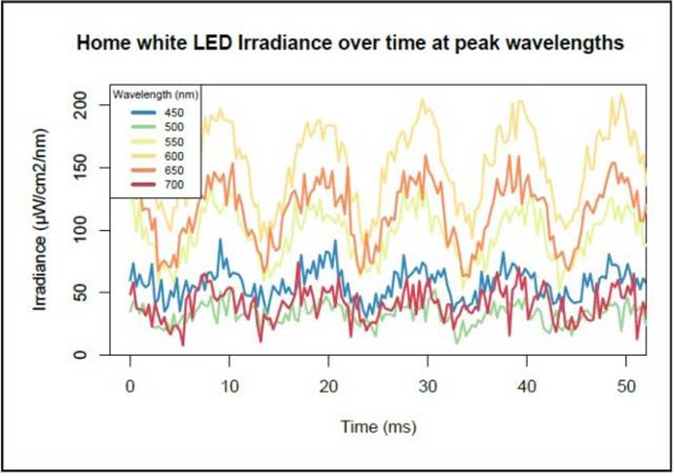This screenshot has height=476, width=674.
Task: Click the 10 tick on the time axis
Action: [x=229, y=386]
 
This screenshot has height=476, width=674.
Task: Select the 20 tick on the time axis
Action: [x=329, y=386]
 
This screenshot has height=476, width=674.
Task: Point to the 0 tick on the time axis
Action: [x=130, y=386]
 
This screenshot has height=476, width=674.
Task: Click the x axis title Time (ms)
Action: [x=379, y=426]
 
